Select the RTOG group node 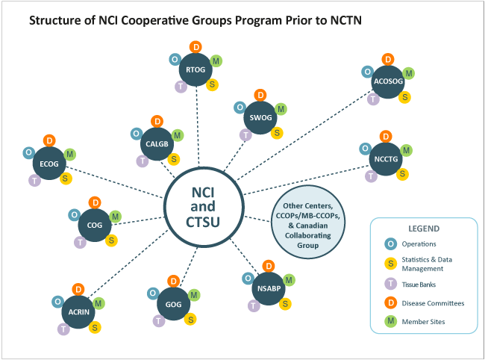point(197,71)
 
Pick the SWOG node point(260,118)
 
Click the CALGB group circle point(157,144)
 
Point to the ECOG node point(49,164)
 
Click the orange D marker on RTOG point(197,47)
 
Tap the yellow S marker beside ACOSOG point(405,97)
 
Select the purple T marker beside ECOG point(34,181)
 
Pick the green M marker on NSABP point(290,280)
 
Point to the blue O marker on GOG point(152,293)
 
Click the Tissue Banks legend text point(416,283)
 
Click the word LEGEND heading point(423,229)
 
